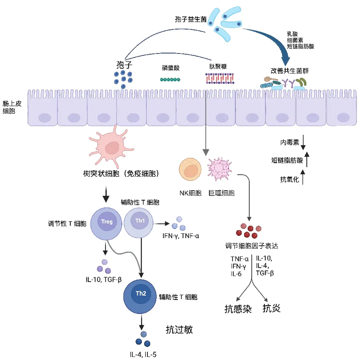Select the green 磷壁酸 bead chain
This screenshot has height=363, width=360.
click(170, 80)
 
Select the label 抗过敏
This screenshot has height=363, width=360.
click(179, 330)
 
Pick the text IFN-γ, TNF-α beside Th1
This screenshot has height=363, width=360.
click(180, 236)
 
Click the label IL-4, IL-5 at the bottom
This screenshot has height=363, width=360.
click(143, 355)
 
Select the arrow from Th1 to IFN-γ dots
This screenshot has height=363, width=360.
click(162, 223)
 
